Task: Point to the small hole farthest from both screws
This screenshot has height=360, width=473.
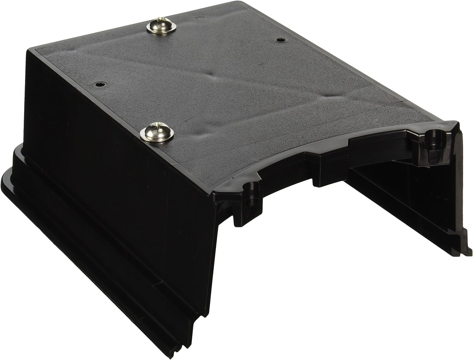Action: point(280,40)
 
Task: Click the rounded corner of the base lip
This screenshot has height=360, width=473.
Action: point(9,177)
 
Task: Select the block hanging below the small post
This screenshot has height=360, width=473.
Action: point(240,218)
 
